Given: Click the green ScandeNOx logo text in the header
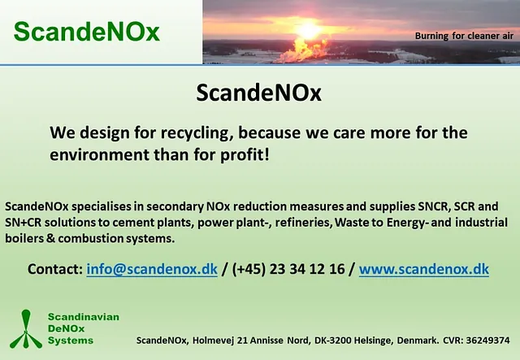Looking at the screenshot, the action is coord(87,32).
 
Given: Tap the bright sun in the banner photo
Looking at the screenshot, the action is coord(309,31).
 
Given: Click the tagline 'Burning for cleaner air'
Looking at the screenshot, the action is coord(464,36).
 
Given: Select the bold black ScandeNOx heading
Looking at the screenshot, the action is coord(258,93).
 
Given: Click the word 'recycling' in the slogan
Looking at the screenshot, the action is coord(195,133).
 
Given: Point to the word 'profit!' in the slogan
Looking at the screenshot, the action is coord(245,155).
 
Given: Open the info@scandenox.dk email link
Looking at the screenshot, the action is coord(152,269).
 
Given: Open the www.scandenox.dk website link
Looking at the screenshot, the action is coord(424,269).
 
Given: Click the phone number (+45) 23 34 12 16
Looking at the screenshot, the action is coord(288,269).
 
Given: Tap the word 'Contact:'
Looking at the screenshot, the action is coord(55,269).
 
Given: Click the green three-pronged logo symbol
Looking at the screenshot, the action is coord(26,329).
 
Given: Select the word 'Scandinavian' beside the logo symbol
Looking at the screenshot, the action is coord(84,317).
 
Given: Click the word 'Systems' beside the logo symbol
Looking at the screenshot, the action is coord(71,340).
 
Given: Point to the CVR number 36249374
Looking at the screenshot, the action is coord(487,340).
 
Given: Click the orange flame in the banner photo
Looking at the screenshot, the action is coord(302,50).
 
